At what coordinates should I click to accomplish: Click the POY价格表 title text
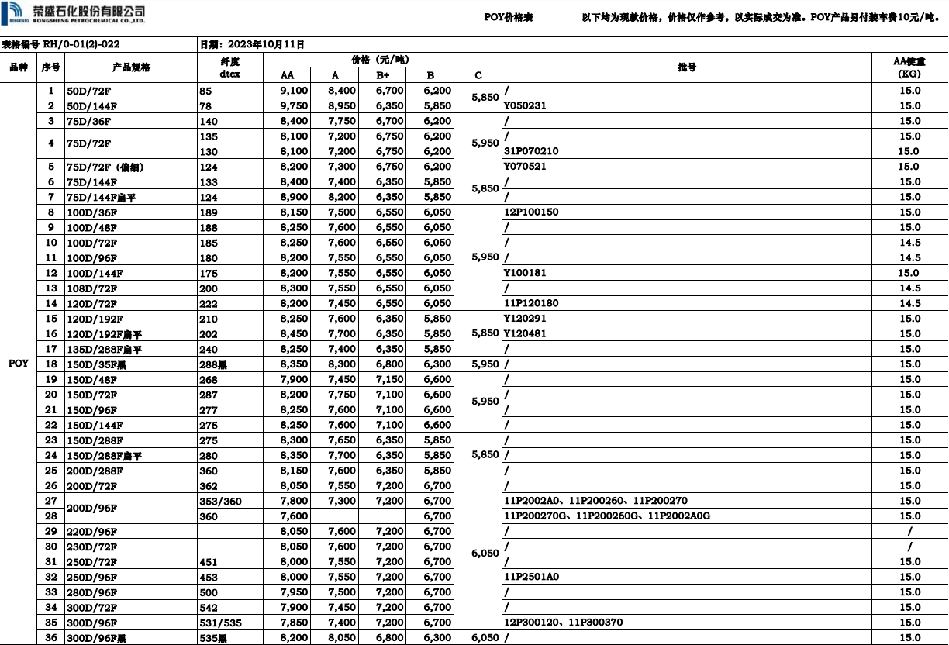coord(508,17)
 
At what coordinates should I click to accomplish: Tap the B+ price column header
coord(383,75)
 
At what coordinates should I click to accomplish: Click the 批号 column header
coord(686,67)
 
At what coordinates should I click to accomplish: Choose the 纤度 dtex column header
coord(230,67)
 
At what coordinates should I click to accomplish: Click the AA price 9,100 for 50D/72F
coord(294,91)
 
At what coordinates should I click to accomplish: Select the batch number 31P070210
coord(531,151)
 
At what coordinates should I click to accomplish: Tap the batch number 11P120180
coord(531,303)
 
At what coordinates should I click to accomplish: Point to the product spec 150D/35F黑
coord(96,364)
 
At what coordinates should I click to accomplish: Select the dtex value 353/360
coord(221,501)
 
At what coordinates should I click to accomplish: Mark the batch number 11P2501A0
coord(531,577)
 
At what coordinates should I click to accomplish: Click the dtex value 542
coord(209,608)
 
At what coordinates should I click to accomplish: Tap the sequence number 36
coord(51,637)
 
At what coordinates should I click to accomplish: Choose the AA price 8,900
coord(294,197)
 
